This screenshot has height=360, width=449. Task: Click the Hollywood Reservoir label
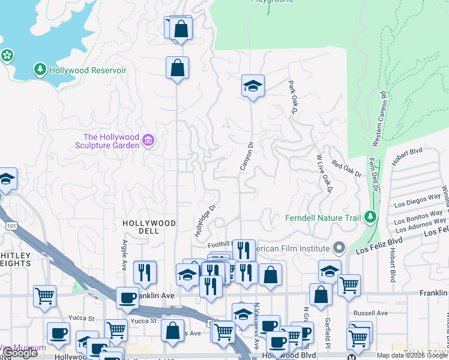[88, 70]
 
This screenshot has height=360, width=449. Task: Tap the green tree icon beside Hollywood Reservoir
[40, 70]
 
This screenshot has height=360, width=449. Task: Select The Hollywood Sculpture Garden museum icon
[148, 142]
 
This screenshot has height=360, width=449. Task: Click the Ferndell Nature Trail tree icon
[371, 217]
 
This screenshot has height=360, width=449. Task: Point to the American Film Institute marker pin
[339, 248]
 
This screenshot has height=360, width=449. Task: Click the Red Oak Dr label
[346, 169]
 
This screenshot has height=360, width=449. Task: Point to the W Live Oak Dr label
[324, 174]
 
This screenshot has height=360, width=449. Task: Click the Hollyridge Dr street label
[205, 220]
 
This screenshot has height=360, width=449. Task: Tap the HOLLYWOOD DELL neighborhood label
[149, 227]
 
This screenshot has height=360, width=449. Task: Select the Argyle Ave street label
[125, 255]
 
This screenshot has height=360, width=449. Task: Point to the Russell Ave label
[371, 313]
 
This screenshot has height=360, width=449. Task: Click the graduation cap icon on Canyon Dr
[253, 86]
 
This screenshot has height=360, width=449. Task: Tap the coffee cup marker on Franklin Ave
[127, 297]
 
